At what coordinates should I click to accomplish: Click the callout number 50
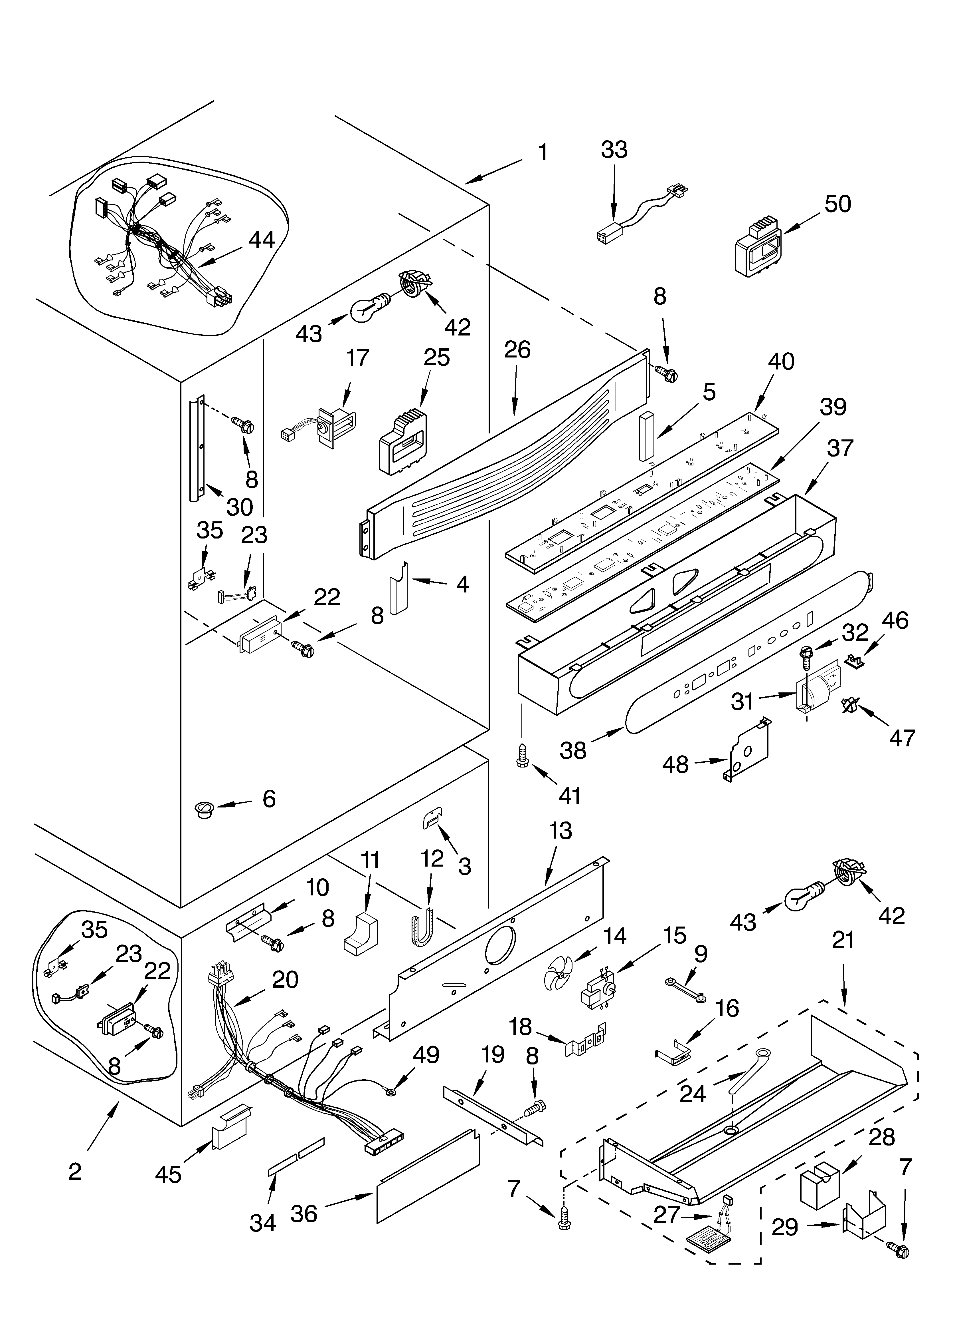(x=837, y=204)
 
